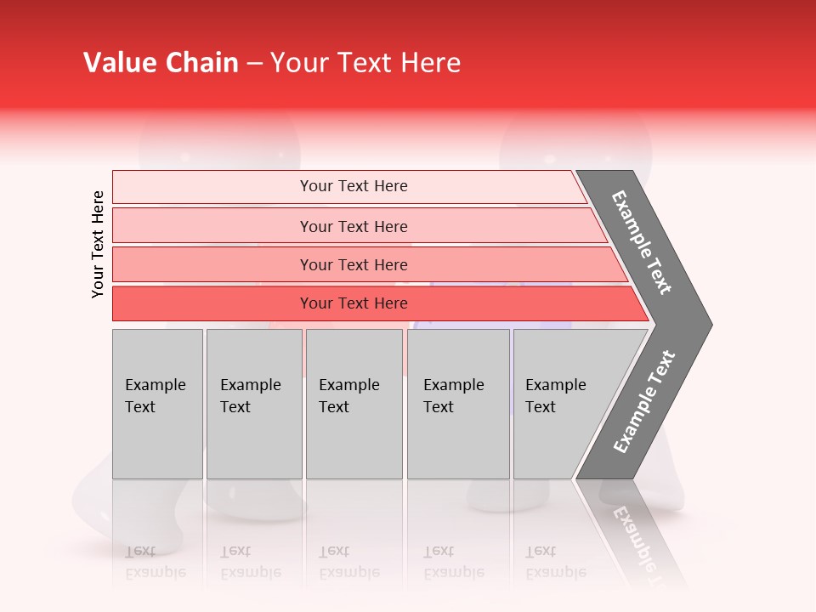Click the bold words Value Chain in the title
pos(161,63)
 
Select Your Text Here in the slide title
pos(365,63)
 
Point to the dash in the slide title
pos(254,64)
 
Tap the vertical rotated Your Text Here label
pos(98,244)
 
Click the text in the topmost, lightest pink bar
pos(354,186)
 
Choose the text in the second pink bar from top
pos(354,226)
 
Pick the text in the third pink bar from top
pos(354,264)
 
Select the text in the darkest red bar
pos(354,303)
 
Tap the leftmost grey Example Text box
pos(156,396)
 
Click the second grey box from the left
pos(252,396)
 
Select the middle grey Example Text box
pos(350,396)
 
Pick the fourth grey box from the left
pos(455,396)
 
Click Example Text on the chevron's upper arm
pos(643,242)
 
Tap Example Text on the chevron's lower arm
pos(644,401)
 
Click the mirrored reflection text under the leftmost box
pos(156,562)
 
